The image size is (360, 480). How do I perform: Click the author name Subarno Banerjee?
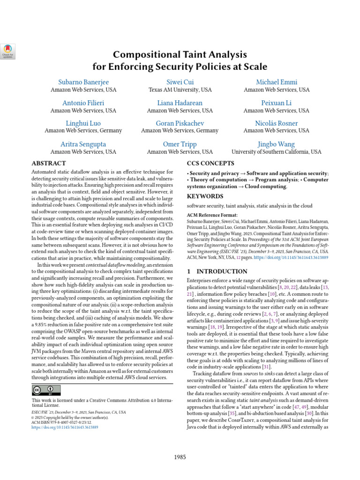[83, 82]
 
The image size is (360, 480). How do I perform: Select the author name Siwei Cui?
[180, 82]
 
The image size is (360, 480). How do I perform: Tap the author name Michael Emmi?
[277, 82]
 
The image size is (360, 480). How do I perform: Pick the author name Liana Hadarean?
[180, 103]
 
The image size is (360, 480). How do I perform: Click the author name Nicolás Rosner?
[277, 123]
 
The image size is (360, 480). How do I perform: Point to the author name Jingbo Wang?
[277, 144]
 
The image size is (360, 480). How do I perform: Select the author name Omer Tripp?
[180, 144]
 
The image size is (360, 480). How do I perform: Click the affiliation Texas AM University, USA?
[180, 90]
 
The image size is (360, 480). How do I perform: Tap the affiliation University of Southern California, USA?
[277, 152]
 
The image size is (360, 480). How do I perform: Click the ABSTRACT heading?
[48, 164]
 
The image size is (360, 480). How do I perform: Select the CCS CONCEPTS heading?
[211, 164]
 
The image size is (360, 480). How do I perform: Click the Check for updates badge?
[8, 51]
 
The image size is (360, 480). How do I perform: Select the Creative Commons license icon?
[46, 390]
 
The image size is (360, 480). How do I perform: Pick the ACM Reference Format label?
[210, 215]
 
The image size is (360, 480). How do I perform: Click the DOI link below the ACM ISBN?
[65, 428]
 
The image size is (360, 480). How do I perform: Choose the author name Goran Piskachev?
[180, 123]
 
